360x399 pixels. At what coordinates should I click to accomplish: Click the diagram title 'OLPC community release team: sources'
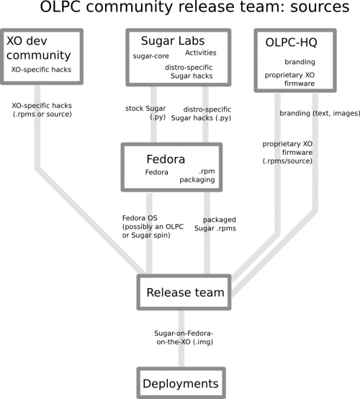point(194,7)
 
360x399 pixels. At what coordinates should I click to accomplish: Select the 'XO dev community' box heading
point(38,48)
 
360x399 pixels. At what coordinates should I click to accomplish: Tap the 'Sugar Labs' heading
point(173,41)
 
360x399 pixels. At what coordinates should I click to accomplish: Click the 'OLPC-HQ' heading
point(292,42)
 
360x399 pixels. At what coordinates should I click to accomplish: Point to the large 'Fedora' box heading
point(166,159)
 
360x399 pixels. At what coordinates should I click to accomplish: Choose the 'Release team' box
point(184,292)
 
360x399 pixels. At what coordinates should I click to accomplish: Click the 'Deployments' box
point(181,383)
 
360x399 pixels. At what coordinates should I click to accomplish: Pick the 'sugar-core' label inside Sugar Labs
point(150,56)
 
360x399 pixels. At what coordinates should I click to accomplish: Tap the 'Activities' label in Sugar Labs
point(201,53)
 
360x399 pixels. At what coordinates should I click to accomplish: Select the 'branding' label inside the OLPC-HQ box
point(300,62)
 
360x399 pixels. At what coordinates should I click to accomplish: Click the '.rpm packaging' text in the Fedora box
point(197,175)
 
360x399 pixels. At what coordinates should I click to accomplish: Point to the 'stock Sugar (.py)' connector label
point(145,112)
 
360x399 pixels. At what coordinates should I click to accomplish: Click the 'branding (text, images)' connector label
point(320,113)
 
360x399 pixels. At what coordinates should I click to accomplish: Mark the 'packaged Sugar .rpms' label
point(215,224)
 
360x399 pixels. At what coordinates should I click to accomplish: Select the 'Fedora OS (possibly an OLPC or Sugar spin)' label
point(153,226)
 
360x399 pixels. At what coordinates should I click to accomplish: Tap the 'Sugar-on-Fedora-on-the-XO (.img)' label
point(184,337)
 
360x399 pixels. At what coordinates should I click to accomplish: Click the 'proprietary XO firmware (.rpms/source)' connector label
point(287,153)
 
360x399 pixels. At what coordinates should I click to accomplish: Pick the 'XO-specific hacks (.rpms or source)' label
point(42,110)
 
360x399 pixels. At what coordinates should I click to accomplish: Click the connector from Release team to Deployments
point(181,339)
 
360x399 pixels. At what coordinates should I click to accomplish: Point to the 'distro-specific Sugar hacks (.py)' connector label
point(201,114)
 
